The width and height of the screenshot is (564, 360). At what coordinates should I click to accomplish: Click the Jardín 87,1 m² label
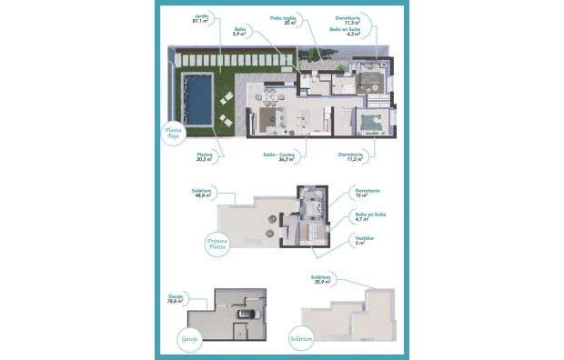tap(201, 19)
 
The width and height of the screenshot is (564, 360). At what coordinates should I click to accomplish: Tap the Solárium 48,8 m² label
tap(202, 195)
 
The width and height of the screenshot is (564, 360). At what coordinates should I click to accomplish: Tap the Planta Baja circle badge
tap(174, 133)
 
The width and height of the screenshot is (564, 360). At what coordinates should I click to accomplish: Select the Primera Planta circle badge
tap(216, 244)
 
